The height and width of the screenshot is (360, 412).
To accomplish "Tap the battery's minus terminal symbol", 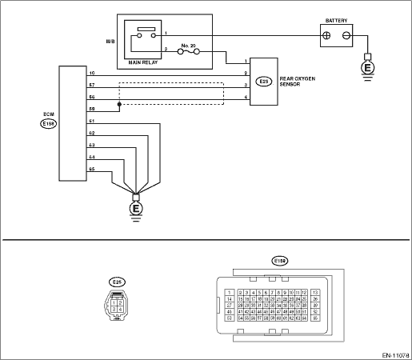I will coord(346,36).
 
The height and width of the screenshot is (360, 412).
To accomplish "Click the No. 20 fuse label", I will coord(189,46).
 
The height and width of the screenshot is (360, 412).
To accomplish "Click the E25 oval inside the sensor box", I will coord(264,81).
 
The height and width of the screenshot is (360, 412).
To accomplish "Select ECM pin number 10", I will coord(91,71).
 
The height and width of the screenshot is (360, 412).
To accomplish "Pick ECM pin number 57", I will coord(91,82).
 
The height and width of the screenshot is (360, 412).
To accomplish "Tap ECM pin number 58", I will coord(91,106).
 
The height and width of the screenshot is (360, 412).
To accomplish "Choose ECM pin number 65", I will coord(91,169).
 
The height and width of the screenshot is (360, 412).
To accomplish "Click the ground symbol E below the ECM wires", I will coord(135,210).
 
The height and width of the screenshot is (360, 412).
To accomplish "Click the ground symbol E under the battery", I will coord(367,68).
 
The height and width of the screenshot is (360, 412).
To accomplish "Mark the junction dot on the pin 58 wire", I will coord(119,103).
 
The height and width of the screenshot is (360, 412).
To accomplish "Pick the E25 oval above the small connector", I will coord(117,281).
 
